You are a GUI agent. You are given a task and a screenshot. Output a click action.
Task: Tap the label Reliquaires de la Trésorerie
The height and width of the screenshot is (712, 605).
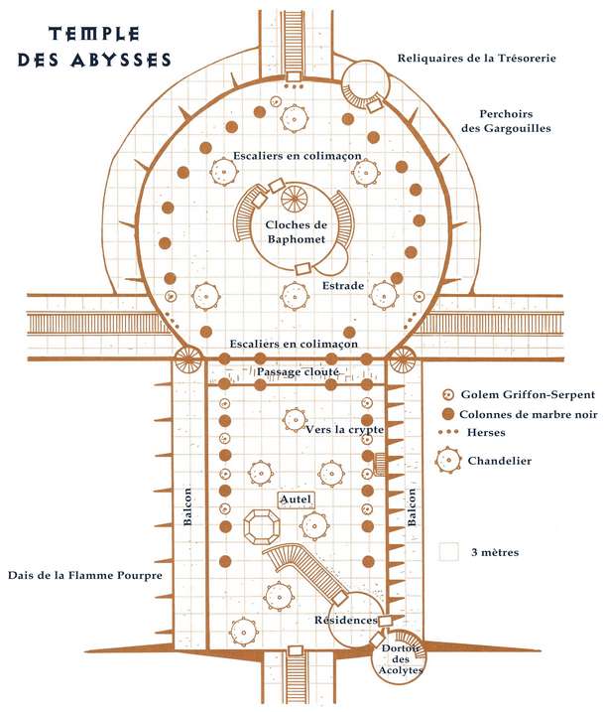(x=476, y=59)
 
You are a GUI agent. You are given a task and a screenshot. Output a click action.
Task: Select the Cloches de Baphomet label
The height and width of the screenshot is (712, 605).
(x=297, y=231)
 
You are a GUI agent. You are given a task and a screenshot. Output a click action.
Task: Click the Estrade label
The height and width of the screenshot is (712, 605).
(x=343, y=286)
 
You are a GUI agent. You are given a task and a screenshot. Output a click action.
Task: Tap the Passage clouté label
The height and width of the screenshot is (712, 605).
(x=299, y=371)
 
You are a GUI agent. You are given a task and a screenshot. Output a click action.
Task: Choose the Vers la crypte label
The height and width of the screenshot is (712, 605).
(x=345, y=429)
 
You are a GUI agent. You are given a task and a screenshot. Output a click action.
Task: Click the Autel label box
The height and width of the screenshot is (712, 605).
(x=296, y=498)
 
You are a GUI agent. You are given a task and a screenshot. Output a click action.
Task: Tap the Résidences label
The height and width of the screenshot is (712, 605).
(x=345, y=621)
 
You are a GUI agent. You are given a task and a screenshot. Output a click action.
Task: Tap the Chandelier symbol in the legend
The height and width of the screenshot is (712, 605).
(x=448, y=460)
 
